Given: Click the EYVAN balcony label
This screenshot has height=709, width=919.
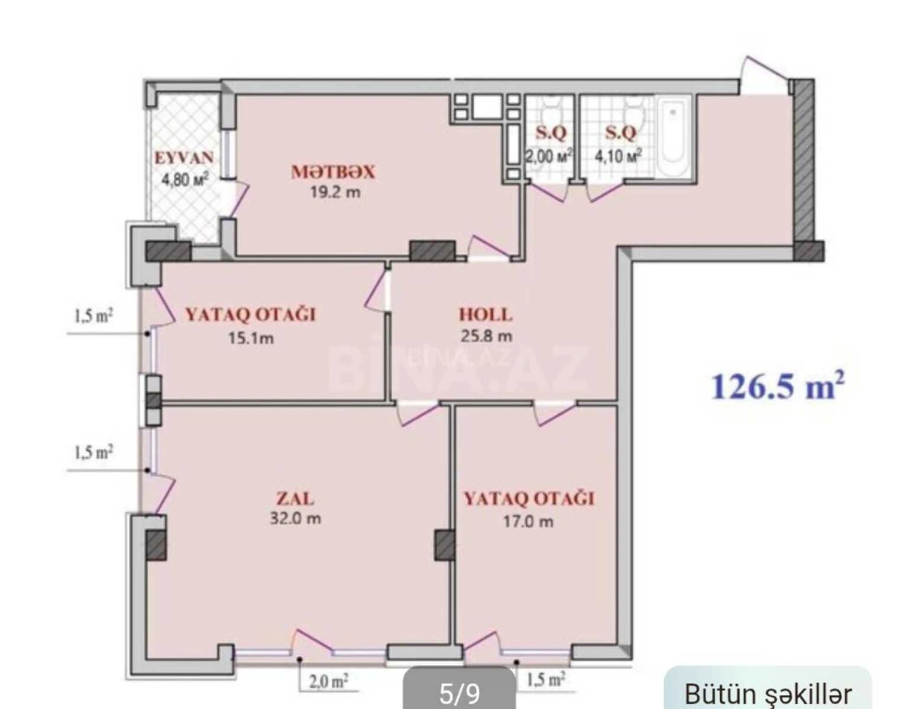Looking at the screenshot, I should point(184,158).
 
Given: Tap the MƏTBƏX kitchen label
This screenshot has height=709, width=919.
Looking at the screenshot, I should point(333,172).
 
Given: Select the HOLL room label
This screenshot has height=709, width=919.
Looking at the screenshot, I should point(485,315).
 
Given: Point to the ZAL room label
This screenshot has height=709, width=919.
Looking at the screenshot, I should point(295,499).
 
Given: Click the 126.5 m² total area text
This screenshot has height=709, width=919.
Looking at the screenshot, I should point(778,386).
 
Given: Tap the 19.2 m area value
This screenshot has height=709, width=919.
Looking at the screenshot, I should point(335,192).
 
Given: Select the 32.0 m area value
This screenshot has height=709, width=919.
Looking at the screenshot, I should point(295,518).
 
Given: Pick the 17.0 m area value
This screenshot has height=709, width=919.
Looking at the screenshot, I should point(528,522).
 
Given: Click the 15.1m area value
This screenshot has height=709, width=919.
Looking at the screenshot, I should point(251,339).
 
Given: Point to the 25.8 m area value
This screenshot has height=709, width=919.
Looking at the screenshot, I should point(486,336).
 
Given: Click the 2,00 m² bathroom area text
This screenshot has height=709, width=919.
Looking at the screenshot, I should point(549,156).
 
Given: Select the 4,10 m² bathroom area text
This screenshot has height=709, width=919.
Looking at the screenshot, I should point(618,156).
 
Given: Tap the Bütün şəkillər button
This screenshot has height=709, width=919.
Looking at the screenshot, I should point(768,694).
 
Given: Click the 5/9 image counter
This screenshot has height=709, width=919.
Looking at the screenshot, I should point(459,694).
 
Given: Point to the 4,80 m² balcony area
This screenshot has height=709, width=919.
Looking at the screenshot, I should point(185,179).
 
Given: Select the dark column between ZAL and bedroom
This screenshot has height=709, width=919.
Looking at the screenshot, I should point(444,545).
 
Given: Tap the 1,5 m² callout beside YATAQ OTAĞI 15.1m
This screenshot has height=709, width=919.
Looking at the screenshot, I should point(93,316).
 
